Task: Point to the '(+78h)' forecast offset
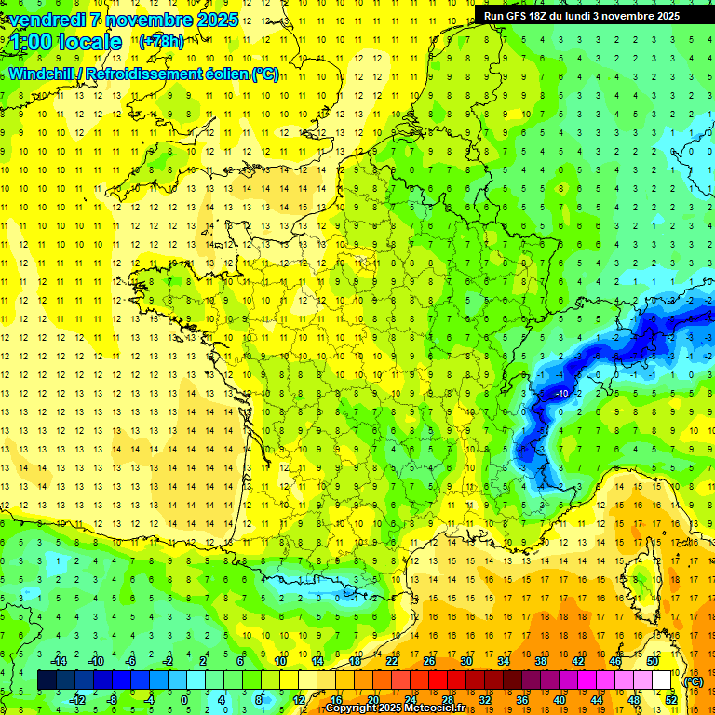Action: coord(161,42)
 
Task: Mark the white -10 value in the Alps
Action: coord(562,394)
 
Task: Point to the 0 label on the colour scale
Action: coord(183,700)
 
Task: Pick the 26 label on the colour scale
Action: coord(428,660)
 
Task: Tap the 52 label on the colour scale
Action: coord(670,700)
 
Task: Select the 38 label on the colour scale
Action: coord(540,660)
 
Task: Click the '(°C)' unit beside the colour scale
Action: coord(693,681)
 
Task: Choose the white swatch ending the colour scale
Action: coord(662,681)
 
